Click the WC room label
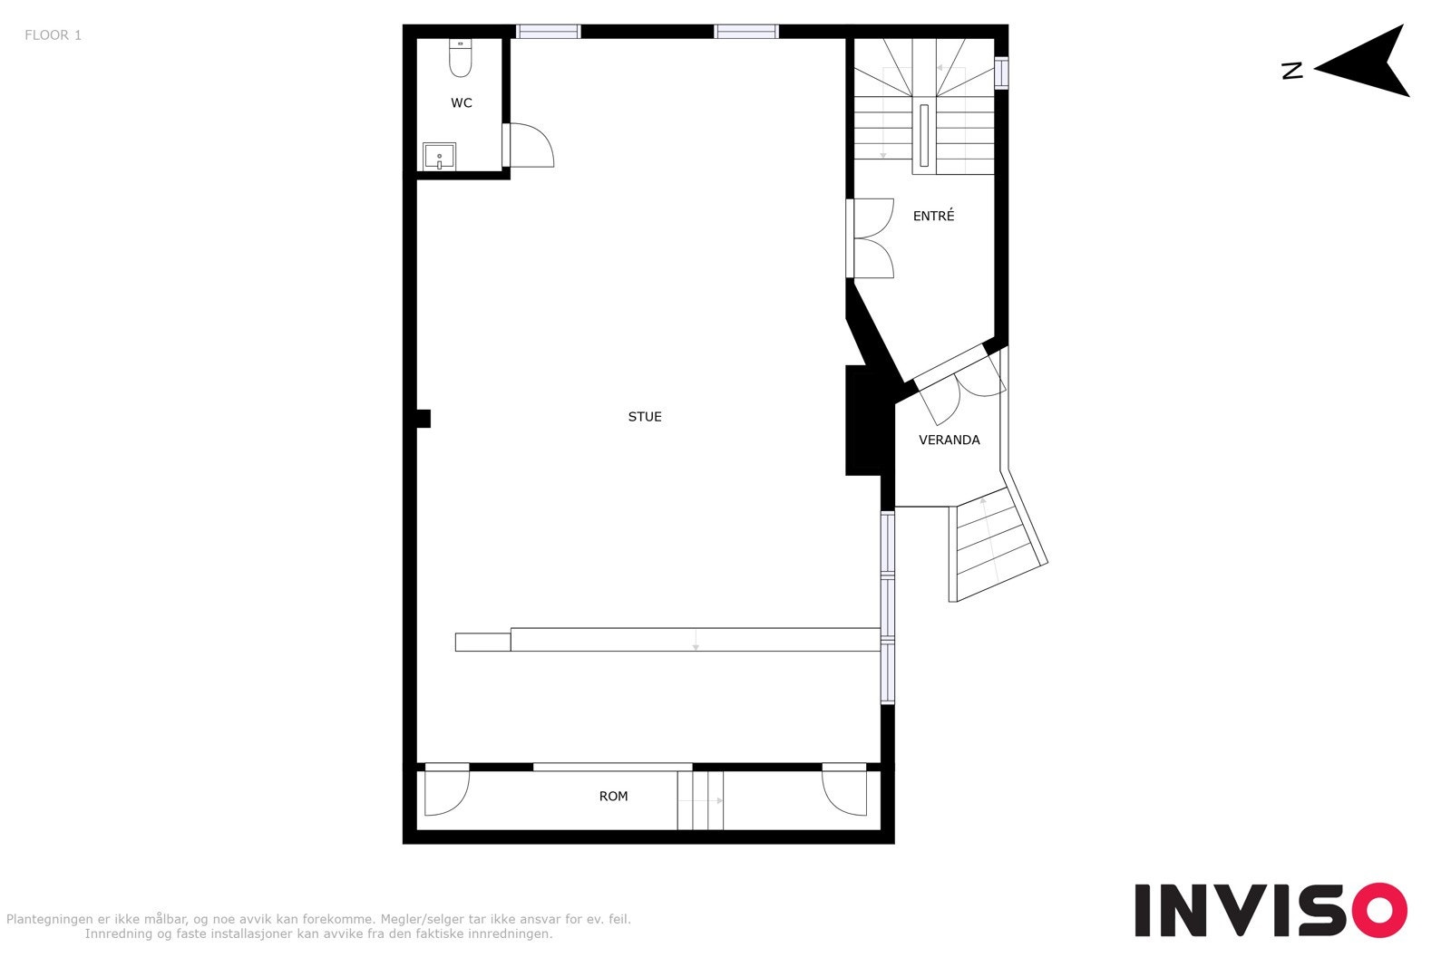tap(462, 103)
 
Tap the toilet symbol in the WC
tap(461, 59)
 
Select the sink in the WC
tap(440, 157)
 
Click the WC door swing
tap(531, 145)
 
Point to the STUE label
tap(645, 417)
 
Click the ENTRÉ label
tap(933, 216)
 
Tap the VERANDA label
tap(949, 440)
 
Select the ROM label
tap(613, 797)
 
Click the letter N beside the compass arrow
tap(1292, 71)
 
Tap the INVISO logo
tap(1270, 909)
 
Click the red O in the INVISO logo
tap(1379, 910)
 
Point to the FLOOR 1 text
tap(53, 35)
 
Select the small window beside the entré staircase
tap(1000, 73)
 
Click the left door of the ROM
tap(446, 790)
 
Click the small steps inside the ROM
tap(701, 800)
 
